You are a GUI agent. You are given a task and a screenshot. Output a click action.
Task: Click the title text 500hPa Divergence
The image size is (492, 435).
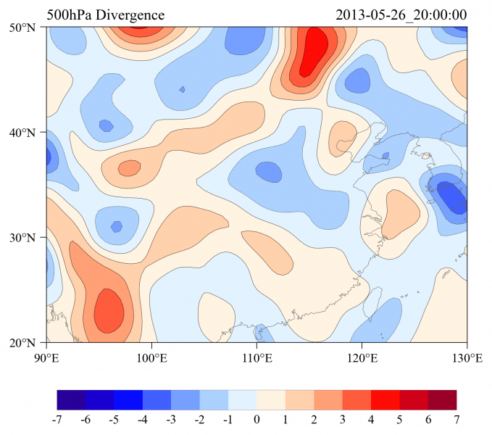pos(106,15)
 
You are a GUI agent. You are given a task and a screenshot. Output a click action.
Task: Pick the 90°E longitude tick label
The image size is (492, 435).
pos(46,357)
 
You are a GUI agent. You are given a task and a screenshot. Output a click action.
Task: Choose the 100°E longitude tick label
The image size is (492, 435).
pos(151,357)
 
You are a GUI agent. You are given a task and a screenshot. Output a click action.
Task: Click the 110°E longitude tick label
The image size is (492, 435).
pos(257,357)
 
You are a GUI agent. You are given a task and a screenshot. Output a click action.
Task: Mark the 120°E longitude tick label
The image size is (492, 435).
pos(362,357)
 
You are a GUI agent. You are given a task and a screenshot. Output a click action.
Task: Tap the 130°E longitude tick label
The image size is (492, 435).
pos(467,357)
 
